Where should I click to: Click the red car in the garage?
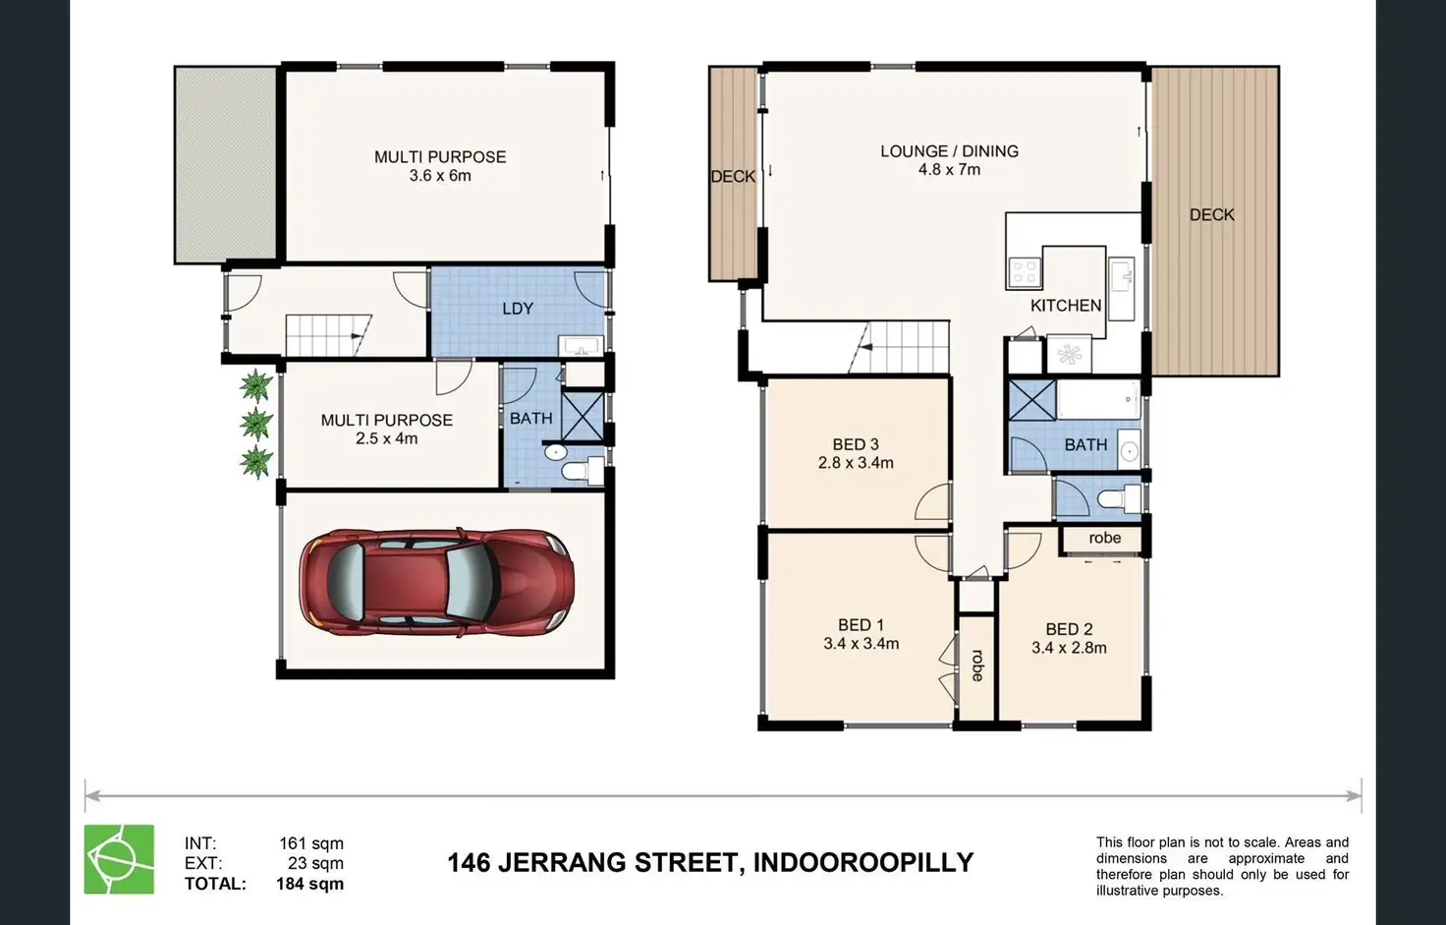click(437, 583)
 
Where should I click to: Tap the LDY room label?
click(518, 309)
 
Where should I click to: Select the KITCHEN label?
click(1065, 306)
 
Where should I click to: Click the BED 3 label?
click(855, 444)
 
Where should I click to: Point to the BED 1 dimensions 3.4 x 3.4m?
click(861, 644)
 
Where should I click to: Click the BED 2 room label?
click(1069, 629)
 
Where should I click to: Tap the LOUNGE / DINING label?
click(949, 151)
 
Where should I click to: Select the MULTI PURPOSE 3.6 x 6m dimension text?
click(440, 176)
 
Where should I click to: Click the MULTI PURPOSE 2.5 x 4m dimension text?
click(386, 438)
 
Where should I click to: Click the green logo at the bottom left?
click(119, 859)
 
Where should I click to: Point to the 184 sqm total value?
click(309, 884)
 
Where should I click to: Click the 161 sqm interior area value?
click(310, 843)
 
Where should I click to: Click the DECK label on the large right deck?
click(1211, 214)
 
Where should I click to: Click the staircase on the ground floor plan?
click(328, 335)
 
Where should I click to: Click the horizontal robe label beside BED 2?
click(1104, 539)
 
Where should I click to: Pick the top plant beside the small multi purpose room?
click(256, 384)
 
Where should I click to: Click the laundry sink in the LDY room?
click(580, 346)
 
